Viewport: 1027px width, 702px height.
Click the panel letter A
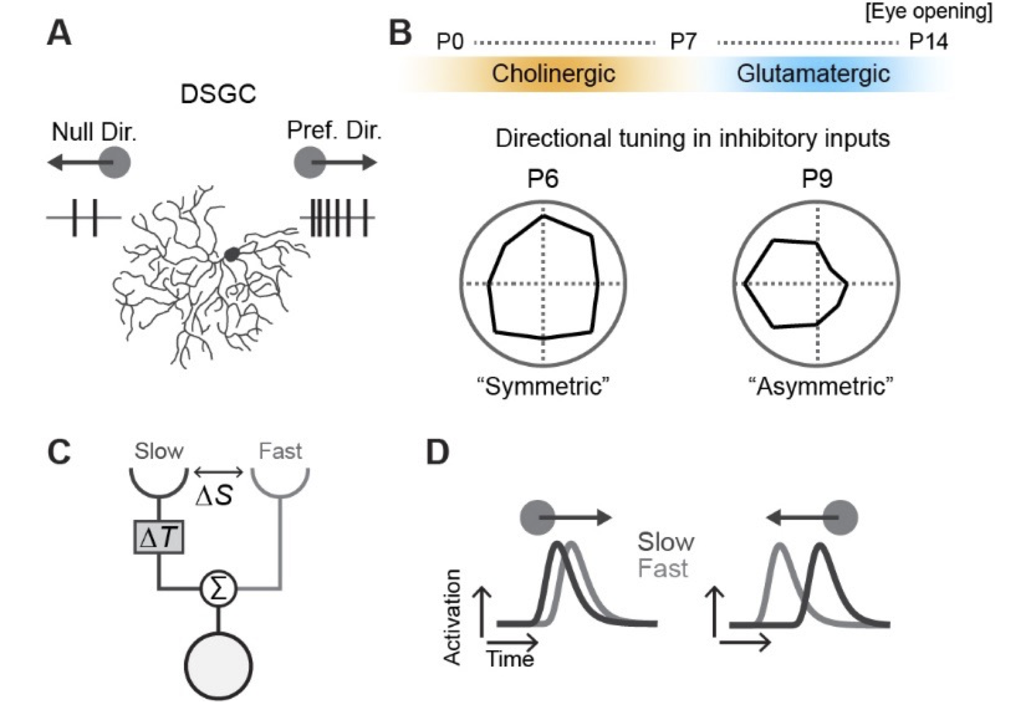pos(59,34)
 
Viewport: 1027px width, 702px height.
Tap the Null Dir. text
pos(94,132)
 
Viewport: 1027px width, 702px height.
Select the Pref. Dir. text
pos(334,130)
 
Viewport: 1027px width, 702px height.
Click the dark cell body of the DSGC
pos(232,254)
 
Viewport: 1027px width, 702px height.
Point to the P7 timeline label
pos(683,42)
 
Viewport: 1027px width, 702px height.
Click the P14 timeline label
pos(928,42)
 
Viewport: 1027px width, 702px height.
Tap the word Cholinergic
pos(553,73)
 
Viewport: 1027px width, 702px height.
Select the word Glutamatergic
pos(813,73)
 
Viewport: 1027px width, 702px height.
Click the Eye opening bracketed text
pos(928,11)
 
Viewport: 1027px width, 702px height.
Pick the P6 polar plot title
pos(543,179)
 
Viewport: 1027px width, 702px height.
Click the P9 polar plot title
pos(817,179)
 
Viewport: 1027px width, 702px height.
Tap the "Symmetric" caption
pos(543,387)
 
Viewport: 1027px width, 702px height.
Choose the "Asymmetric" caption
pos(821,387)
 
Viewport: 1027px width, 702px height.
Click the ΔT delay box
pos(159,537)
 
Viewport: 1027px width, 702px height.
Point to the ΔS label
pos(214,495)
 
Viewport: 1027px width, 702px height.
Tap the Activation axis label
pos(452,617)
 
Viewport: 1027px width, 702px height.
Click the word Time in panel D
pos(510,658)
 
